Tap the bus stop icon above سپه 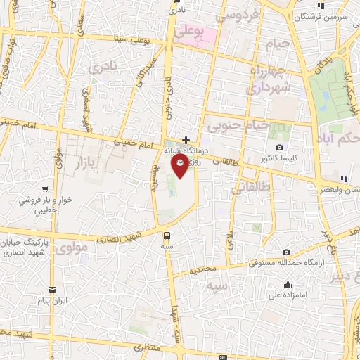point(167,236)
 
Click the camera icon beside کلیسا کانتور point(280,148)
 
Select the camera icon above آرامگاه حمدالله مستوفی point(286,252)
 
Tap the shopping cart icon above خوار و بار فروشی point(45,188)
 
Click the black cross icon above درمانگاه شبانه point(186,140)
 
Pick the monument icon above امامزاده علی point(288,284)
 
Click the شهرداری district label point(267,86)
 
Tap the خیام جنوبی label point(238,126)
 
